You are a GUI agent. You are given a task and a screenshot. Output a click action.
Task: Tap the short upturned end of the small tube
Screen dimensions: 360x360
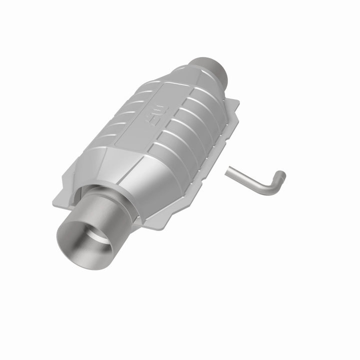282,175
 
